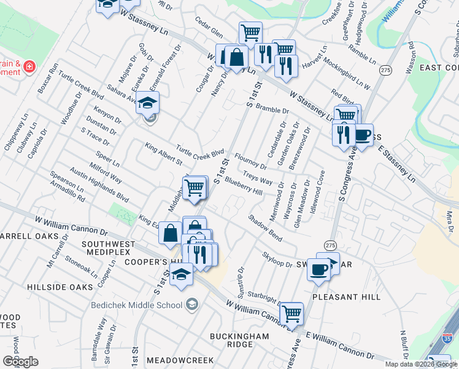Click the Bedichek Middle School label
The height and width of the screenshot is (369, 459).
click(136, 305)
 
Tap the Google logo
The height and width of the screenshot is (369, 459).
click(20, 362)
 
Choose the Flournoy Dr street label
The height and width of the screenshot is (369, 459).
click(250, 162)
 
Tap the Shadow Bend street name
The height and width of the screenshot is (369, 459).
click(265, 227)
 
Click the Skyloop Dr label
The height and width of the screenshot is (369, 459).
click(277, 260)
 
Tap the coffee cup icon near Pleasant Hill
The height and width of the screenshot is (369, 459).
click(318, 271)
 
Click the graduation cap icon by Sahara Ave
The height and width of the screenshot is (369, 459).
click(147, 105)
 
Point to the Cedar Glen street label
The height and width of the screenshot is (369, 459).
click(207, 31)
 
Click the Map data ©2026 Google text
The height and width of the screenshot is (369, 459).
click(421, 364)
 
